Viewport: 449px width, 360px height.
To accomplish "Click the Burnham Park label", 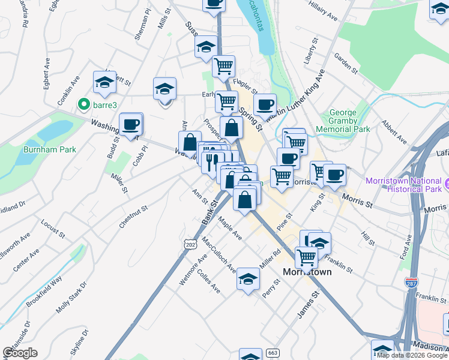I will [50, 149].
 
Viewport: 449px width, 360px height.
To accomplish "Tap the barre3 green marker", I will [84, 106].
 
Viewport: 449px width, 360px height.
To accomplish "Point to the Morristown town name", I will [307, 272].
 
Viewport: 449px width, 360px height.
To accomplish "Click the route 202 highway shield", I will [191, 245].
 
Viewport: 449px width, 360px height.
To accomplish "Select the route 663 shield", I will [273, 353].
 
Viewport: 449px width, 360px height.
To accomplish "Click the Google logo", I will [20, 353].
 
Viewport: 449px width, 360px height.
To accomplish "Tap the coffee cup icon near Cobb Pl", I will [130, 125].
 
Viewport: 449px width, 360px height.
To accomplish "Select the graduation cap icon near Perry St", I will [247, 278].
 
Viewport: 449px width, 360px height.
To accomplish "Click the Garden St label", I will [346, 64].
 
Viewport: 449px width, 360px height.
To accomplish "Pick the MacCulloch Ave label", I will [219, 256].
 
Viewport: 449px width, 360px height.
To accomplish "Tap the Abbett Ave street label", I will [393, 133].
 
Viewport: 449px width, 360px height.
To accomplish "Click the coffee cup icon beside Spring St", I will [264, 104].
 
